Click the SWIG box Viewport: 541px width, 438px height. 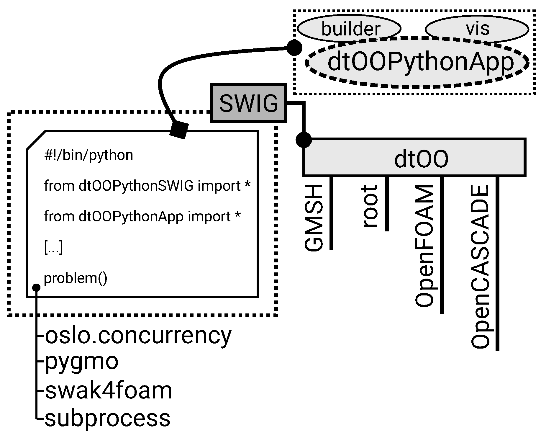click(248, 103)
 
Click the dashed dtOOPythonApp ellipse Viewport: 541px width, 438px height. click(417, 62)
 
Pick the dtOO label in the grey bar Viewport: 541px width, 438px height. click(421, 159)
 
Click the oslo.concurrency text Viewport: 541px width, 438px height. click(138, 335)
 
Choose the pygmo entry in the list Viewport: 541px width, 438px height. click(81, 361)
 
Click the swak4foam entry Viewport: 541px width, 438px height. click(108, 390)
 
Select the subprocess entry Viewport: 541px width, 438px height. click(107, 418)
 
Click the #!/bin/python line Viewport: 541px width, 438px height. click(88, 155)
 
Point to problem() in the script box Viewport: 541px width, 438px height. click(76, 278)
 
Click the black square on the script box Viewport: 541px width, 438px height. click(179, 130)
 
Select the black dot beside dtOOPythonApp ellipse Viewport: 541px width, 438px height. click(294, 48)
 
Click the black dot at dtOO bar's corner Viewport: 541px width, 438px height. click(304, 140)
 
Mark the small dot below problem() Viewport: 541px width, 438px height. click(36, 287)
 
